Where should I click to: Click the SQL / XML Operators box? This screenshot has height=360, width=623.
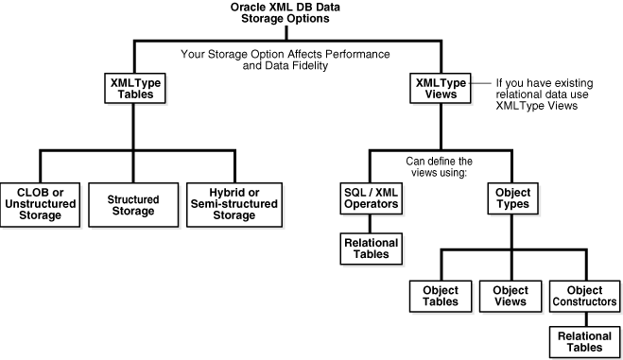click(x=371, y=199)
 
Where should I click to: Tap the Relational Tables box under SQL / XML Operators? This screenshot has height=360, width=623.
click(x=371, y=249)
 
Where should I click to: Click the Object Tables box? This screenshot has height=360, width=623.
click(x=435, y=296)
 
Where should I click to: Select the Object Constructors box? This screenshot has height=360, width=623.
click(x=584, y=296)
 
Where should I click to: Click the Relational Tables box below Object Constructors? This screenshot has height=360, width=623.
click(x=584, y=341)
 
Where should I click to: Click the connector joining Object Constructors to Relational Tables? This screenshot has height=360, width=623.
click(x=584, y=318)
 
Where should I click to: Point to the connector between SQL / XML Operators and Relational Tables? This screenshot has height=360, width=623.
click(x=371, y=225)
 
